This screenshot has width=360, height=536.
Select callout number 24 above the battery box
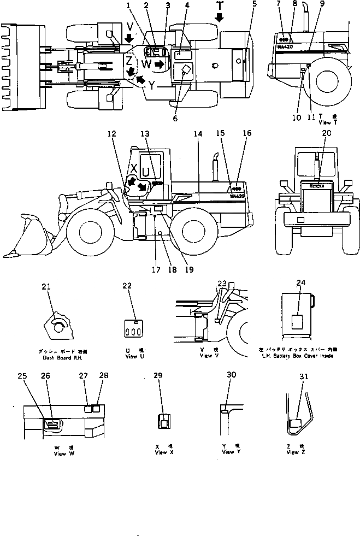[300, 282]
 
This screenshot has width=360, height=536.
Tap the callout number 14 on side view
[197, 133]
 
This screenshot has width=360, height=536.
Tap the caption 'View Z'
[295, 452]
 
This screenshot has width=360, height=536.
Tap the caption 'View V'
[206, 356]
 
